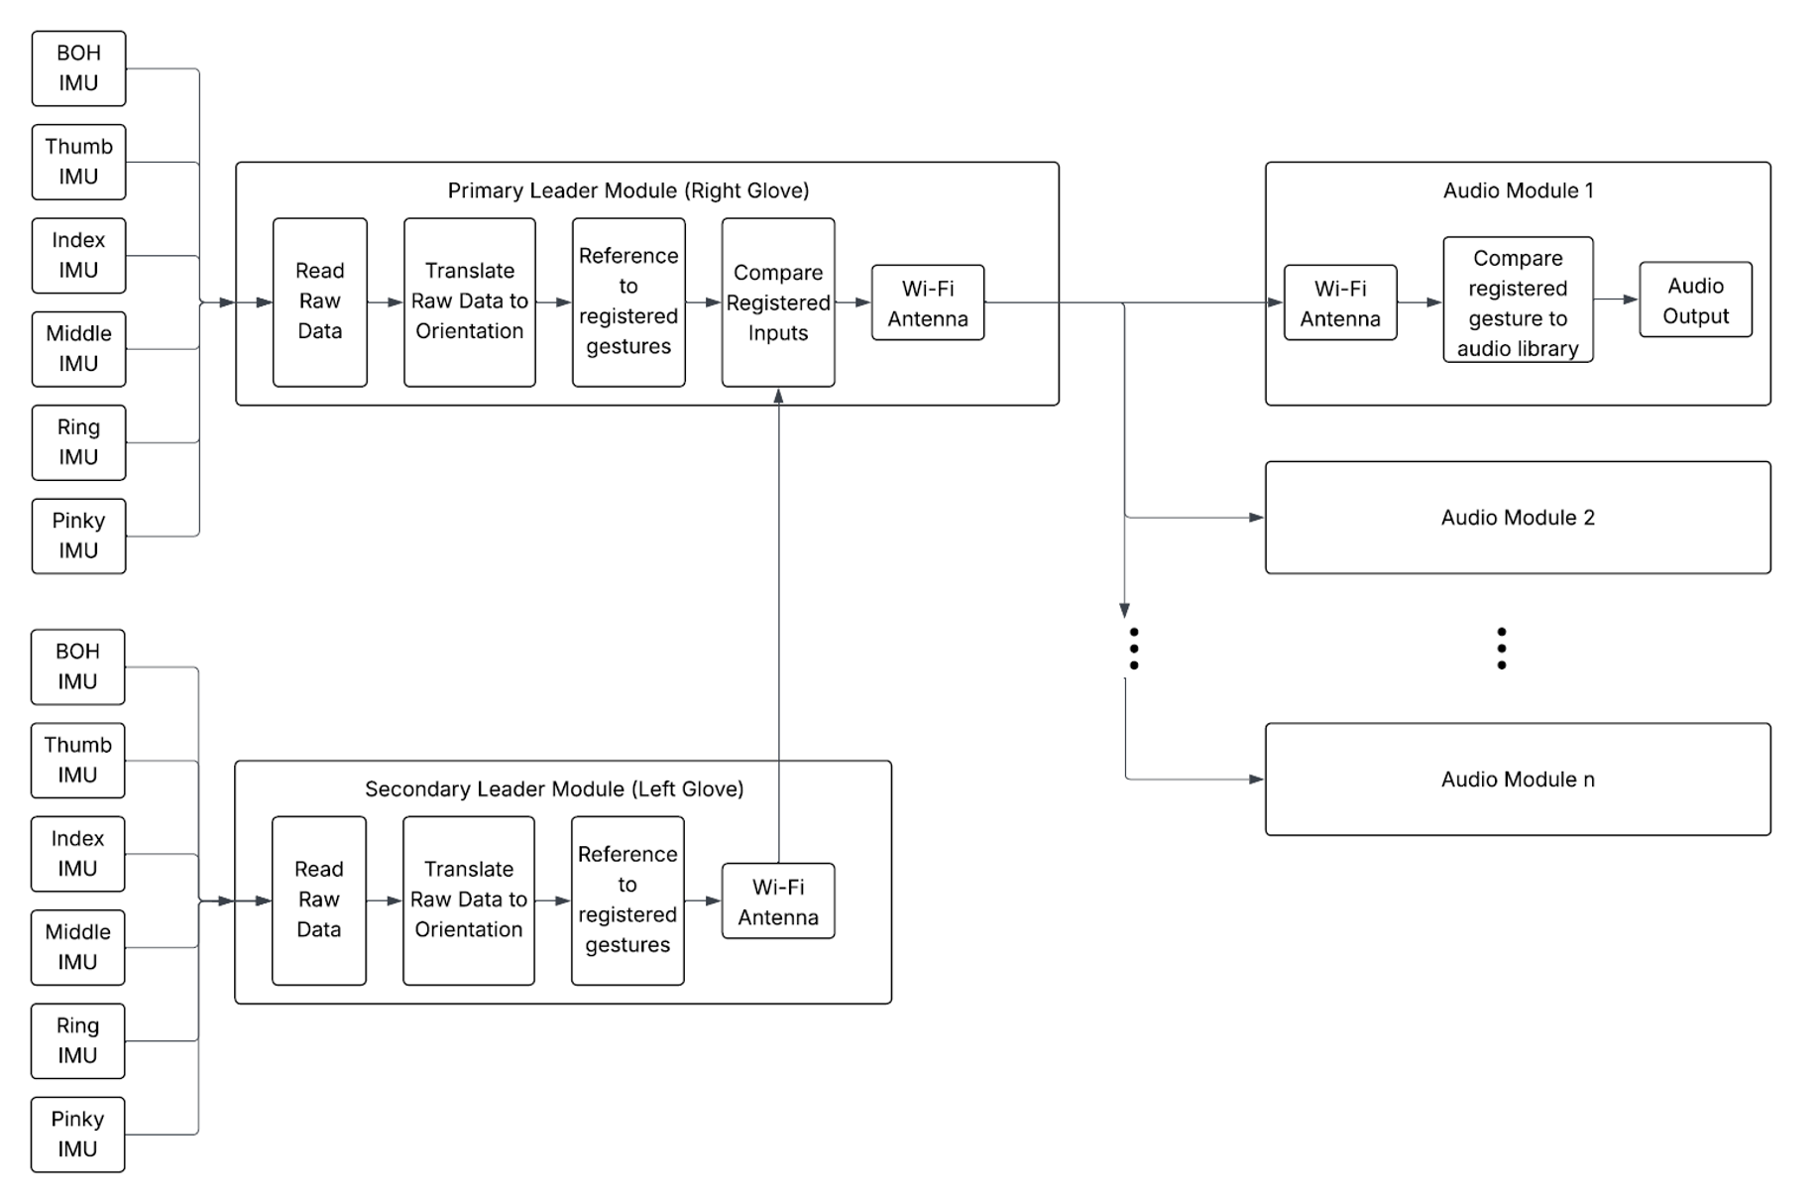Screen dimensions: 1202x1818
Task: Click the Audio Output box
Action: pyautogui.click(x=1694, y=300)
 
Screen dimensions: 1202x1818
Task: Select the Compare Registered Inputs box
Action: pyautogui.click(x=777, y=302)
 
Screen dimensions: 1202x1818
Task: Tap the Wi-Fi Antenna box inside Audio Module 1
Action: pyautogui.click(x=1339, y=302)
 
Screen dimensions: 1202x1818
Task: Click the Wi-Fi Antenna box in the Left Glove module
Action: pyautogui.click(x=777, y=901)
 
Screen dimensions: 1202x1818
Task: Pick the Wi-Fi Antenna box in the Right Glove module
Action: pyautogui.click(x=927, y=302)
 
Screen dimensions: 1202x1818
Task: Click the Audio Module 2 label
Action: pyautogui.click(x=1517, y=518)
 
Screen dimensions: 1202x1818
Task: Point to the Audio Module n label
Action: pyautogui.click(x=1517, y=780)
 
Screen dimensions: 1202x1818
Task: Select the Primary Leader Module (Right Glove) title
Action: pyautogui.click(x=627, y=190)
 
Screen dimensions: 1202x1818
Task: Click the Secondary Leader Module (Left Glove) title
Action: pyautogui.click(x=553, y=788)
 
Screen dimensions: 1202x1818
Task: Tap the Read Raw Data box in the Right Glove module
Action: pyautogui.click(x=319, y=301)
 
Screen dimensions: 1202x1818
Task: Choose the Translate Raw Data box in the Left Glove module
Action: pyautogui.click(x=468, y=900)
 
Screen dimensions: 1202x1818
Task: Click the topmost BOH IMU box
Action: pyautogui.click(x=78, y=68)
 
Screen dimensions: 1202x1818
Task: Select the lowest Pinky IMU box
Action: pyautogui.click(x=77, y=1134)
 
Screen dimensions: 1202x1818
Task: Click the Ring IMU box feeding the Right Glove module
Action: pyautogui.click(x=78, y=442)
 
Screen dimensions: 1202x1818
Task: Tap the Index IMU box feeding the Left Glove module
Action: pyautogui.click(x=77, y=853)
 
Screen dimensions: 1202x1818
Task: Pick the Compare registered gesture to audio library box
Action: pyautogui.click(x=1517, y=300)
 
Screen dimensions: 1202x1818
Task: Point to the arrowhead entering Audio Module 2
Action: pyautogui.click(x=1256, y=518)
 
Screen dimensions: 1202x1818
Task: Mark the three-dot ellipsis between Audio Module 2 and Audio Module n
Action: pyautogui.click(x=1501, y=648)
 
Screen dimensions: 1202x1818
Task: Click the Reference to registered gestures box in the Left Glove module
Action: pyautogui.click(x=626, y=900)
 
